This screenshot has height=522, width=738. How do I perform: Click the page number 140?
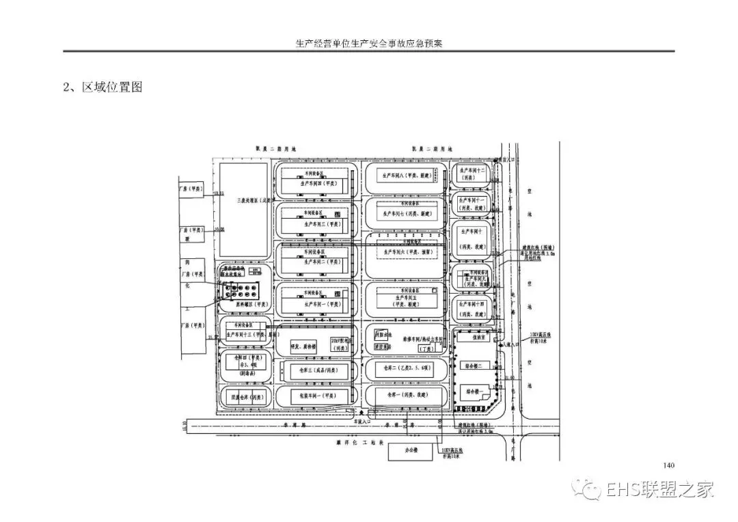[x=668, y=465]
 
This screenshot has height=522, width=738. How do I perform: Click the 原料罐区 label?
[x=251, y=304]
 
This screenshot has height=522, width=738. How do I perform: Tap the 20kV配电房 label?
[x=340, y=344]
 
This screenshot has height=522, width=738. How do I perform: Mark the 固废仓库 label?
[x=245, y=396]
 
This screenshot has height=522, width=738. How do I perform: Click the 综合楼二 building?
[x=474, y=366]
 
